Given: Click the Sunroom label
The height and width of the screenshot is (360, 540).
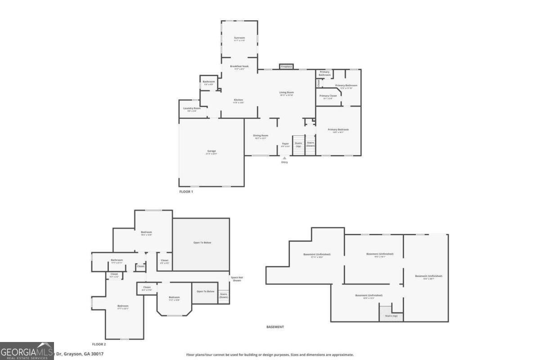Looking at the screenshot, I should click(x=239, y=37).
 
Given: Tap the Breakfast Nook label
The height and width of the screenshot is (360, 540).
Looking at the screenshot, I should click(x=239, y=66).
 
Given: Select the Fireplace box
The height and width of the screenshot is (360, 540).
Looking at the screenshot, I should click(x=286, y=67).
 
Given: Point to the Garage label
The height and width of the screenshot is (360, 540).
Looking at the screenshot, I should click(x=211, y=151).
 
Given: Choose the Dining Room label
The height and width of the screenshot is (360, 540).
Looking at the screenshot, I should click(x=261, y=135).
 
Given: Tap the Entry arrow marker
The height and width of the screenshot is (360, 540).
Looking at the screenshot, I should click(x=284, y=158).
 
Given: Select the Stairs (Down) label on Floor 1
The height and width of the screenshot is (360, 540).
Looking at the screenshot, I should click(x=310, y=144).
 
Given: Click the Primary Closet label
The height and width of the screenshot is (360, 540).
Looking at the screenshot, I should click(x=328, y=96).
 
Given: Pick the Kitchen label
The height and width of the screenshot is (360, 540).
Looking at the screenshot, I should click(x=238, y=100).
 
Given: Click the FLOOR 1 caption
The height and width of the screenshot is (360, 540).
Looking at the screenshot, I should click(x=186, y=192).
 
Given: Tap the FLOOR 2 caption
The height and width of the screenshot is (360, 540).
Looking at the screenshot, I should click(x=99, y=344).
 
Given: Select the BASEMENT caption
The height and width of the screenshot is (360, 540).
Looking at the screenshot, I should click(x=275, y=327).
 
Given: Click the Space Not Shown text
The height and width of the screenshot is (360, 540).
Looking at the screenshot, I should click(x=237, y=279).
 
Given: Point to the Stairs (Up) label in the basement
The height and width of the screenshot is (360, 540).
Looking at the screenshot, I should click(x=391, y=316).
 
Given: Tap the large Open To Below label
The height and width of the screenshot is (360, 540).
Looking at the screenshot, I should click(x=202, y=243).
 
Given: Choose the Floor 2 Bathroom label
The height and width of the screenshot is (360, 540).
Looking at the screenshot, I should click(x=117, y=260).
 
